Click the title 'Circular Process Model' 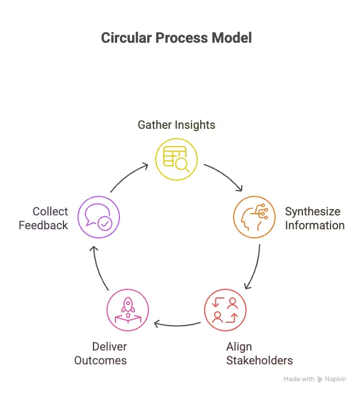pos(176,38)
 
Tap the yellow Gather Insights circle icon pos(177,159)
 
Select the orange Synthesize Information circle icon pos(254,218)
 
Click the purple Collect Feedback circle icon pos(99,218)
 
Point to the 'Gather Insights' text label pos(176,125)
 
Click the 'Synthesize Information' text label pos(314,218)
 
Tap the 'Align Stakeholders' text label pos(259,353)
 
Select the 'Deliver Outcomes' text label pos(100,353)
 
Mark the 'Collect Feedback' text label pos(43,218)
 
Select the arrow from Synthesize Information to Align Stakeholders pos(254,267)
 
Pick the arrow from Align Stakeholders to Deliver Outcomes pos(176,323)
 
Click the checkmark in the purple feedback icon pos(104,224)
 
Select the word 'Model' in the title pos(232,38)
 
